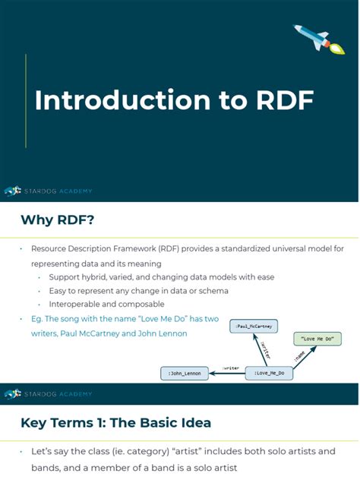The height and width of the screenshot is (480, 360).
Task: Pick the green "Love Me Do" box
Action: pyautogui.click(x=317, y=339)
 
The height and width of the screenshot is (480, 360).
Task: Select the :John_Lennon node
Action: pyautogui.click(x=185, y=373)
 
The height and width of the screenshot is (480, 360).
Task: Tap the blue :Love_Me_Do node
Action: pyautogui.click(x=270, y=373)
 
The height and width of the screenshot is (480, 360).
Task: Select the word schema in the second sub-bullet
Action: pyautogui.click(x=213, y=290)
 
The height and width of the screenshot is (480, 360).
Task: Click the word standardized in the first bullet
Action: pyautogui.click(x=233, y=248)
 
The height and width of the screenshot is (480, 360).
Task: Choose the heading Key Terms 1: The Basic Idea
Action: pyautogui.click(x=115, y=422)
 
